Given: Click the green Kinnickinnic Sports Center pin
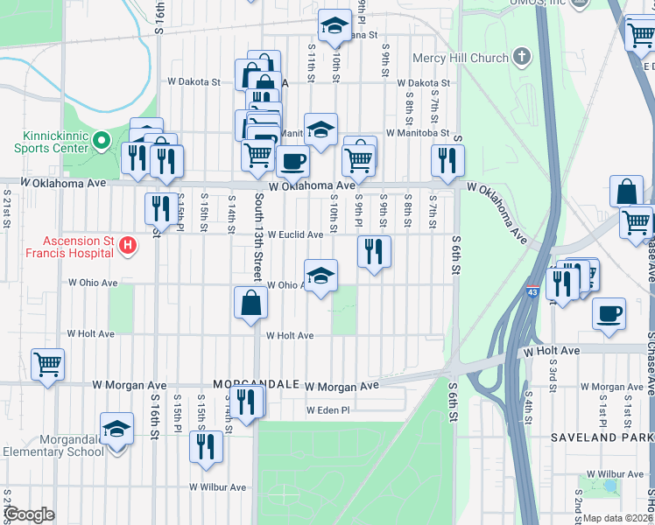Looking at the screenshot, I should pyautogui.click(x=102, y=140).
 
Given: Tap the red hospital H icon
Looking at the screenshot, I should pyautogui.click(x=128, y=246).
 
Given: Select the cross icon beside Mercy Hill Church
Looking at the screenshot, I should pyautogui.click(x=522, y=58).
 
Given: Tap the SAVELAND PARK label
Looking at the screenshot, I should pyautogui.click(x=601, y=437).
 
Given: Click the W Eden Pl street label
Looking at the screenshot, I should pyautogui.click(x=328, y=410).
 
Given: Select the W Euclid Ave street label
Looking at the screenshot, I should pyautogui.click(x=295, y=234).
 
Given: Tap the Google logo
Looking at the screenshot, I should pyautogui.click(x=29, y=514).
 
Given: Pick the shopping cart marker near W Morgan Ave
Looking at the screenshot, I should pyautogui.click(x=47, y=362).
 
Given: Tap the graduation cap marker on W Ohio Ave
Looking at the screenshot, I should pyautogui.click(x=320, y=276).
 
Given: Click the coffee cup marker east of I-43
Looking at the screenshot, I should pyautogui.click(x=609, y=313).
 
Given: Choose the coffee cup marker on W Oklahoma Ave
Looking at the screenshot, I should pyautogui.click(x=292, y=161).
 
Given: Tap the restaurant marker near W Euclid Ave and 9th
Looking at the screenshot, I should pyautogui.click(x=374, y=251).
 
